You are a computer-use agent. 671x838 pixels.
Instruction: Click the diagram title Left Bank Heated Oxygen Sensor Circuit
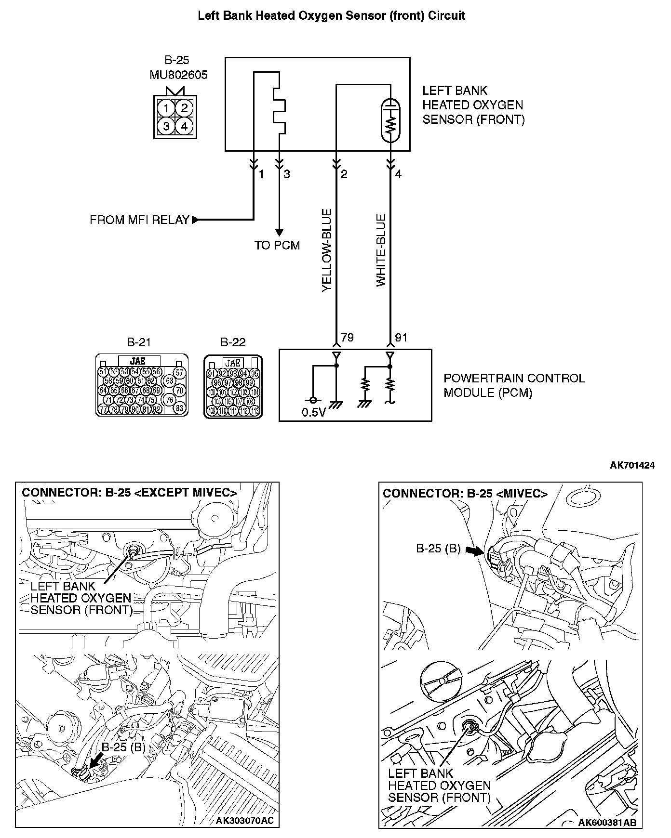click(x=332, y=16)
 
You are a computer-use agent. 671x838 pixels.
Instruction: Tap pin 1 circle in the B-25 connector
click(x=166, y=107)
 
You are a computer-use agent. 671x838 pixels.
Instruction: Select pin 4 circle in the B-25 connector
click(x=184, y=127)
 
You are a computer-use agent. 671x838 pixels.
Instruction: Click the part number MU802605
click(x=178, y=75)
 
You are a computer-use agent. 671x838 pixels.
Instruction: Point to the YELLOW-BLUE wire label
click(x=327, y=250)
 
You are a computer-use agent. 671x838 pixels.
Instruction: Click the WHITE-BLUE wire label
click(x=381, y=251)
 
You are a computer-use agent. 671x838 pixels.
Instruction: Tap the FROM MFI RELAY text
click(x=139, y=220)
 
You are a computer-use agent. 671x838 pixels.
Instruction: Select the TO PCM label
click(x=277, y=246)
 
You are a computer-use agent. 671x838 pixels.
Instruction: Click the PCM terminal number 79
click(x=347, y=338)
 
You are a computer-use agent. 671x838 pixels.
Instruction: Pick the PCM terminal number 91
click(x=401, y=338)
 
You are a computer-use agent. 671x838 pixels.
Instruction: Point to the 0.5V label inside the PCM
click(x=314, y=413)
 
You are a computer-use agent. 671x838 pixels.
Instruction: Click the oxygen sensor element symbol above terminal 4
click(x=390, y=120)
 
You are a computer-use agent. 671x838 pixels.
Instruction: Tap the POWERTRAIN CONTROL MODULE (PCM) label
click(x=514, y=385)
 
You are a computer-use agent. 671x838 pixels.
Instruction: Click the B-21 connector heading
click(x=139, y=342)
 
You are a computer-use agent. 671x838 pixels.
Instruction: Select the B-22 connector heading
click(x=233, y=342)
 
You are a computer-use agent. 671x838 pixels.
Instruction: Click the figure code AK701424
click(x=632, y=465)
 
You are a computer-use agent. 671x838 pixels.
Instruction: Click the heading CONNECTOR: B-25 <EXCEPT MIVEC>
click(x=129, y=493)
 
